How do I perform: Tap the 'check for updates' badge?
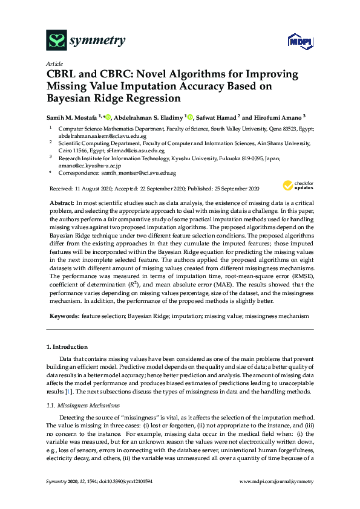pyautogui.click(x=296, y=186)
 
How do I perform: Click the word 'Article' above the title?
pyautogui.click(x=54, y=63)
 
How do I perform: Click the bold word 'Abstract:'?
pyautogui.click(x=61, y=201)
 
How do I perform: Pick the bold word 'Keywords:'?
pyautogui.click(x=62, y=316)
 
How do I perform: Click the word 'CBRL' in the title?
pyautogui.click(x=64, y=74)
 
